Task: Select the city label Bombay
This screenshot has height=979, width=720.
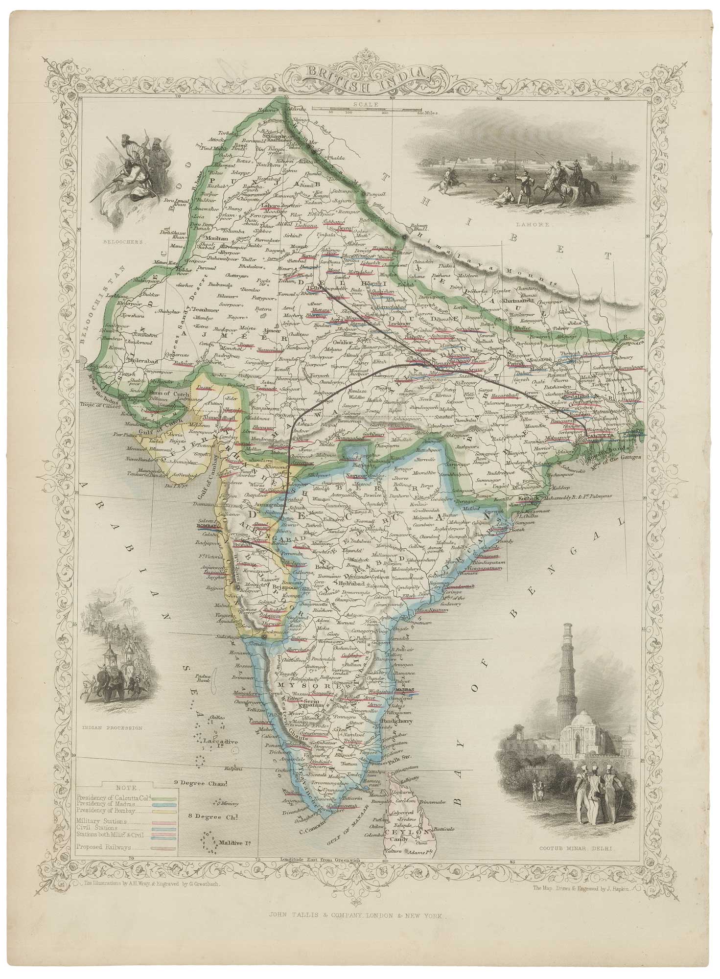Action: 206,525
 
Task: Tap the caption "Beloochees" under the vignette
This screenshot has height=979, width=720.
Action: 129,241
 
